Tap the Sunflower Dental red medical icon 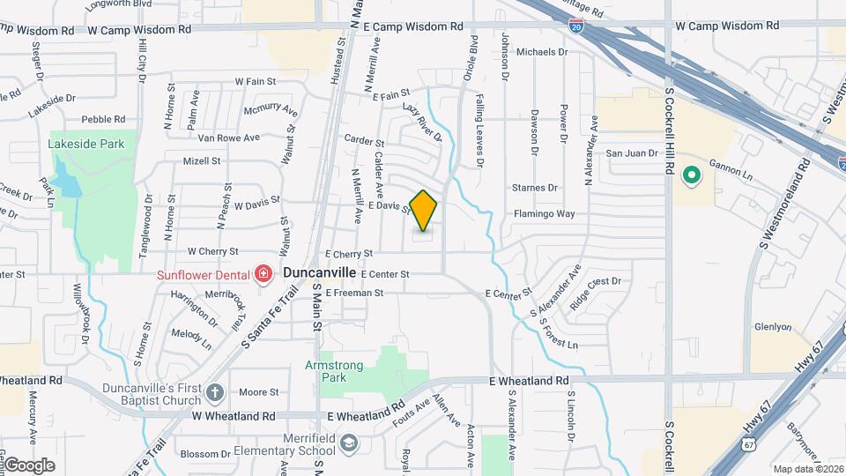[262, 275]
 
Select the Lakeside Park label [86, 144]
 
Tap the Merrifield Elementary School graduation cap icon [350, 442]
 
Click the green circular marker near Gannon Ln [692, 174]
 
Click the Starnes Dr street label [535, 188]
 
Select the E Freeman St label [354, 292]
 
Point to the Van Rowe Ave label [228, 138]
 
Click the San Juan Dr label [632, 152]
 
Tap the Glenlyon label [773, 327]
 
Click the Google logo [29, 465]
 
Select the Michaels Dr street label [542, 52]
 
